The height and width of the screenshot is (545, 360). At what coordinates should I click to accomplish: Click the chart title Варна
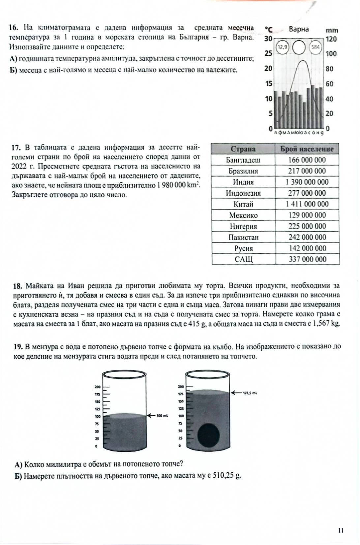tap(299, 29)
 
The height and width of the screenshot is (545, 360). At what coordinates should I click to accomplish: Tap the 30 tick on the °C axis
tap(268, 39)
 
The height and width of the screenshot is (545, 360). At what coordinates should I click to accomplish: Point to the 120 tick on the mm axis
tap(331, 39)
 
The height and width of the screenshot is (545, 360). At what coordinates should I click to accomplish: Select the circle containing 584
tap(315, 47)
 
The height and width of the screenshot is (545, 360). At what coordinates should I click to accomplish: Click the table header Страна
tap(243, 149)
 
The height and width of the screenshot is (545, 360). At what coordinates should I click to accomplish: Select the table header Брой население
tap(307, 149)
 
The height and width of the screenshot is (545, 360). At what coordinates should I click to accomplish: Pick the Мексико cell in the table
tap(243, 215)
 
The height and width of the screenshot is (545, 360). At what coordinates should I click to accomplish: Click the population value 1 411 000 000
tap(307, 204)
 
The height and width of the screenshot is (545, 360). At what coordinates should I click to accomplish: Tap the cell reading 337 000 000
tap(307, 259)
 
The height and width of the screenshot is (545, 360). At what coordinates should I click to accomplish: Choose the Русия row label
tap(243, 248)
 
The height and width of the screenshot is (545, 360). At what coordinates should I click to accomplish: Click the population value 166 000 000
tap(307, 160)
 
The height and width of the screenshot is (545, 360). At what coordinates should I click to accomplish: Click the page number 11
tap(341, 530)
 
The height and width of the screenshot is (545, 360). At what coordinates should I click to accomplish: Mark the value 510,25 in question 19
tap(224, 476)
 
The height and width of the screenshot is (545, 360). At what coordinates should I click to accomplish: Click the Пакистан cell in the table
tap(243, 237)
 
